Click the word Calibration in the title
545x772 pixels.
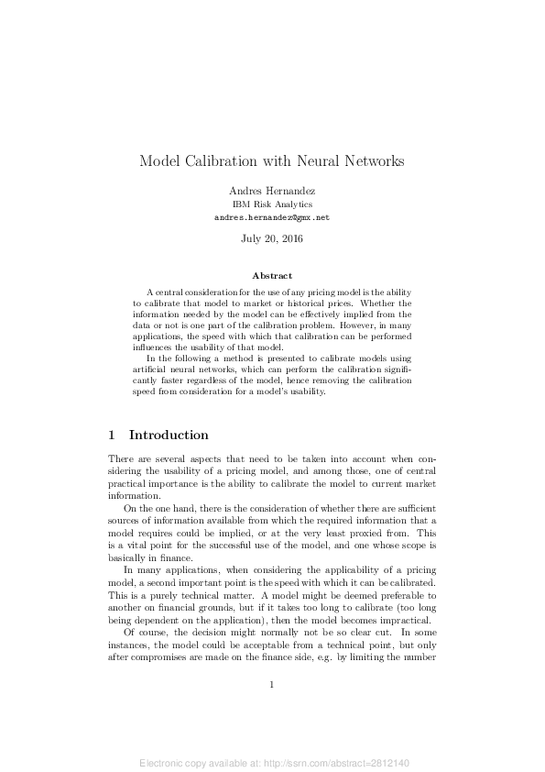(x=223, y=161)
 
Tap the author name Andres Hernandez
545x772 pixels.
(x=271, y=190)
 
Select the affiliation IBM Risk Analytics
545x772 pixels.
(x=272, y=204)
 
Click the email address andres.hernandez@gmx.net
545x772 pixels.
(x=272, y=218)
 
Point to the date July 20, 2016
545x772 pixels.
(x=272, y=238)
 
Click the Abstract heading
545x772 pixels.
(x=272, y=275)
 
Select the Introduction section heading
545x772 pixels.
(x=169, y=435)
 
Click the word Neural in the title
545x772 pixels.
(x=320, y=161)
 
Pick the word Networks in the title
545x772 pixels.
(x=376, y=161)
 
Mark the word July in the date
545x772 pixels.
(x=252, y=238)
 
